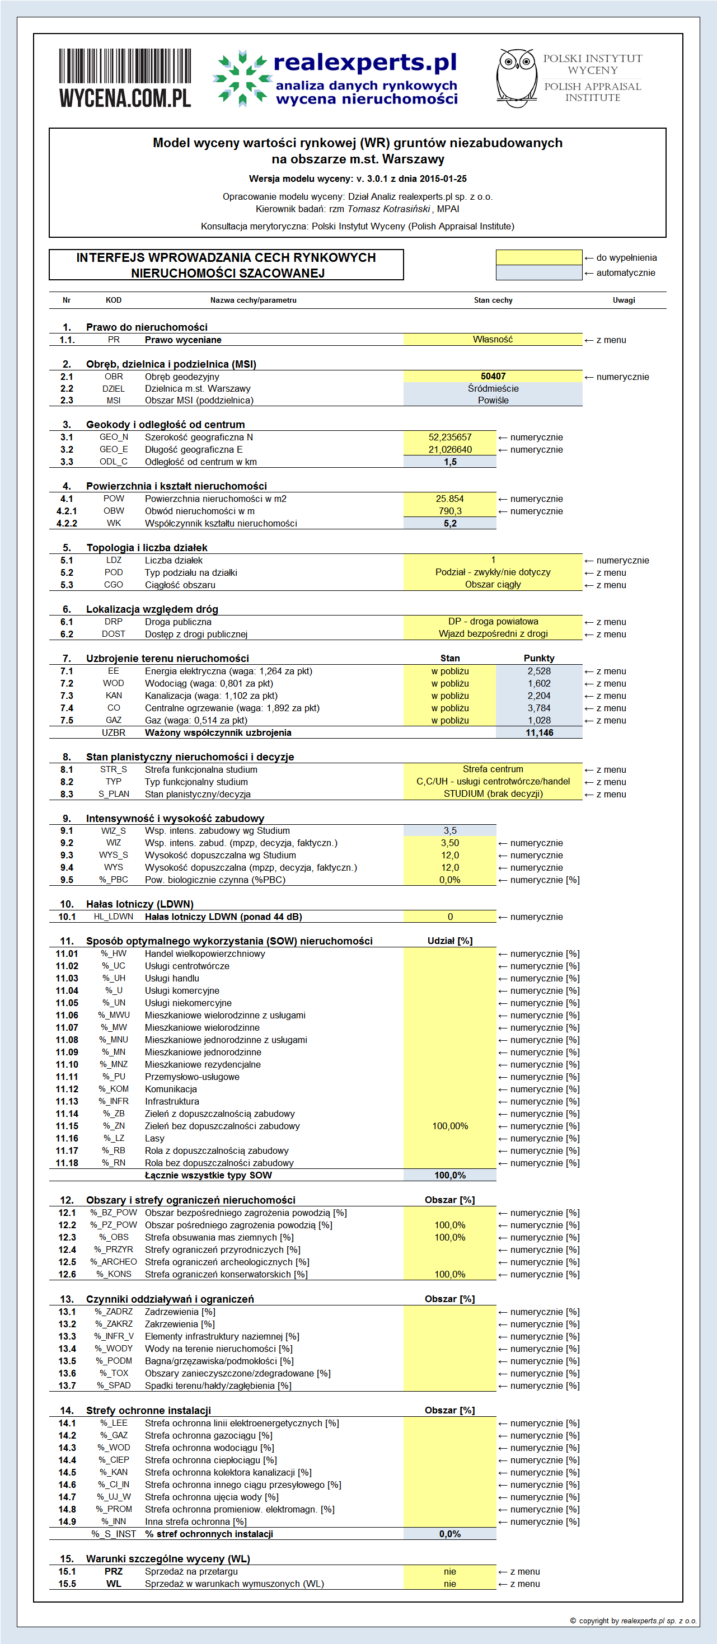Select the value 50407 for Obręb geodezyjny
[x=493, y=377]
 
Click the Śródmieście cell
[x=493, y=389]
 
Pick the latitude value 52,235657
[x=449, y=437]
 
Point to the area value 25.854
[x=449, y=499]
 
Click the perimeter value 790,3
[x=449, y=511]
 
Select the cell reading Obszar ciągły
[x=493, y=585]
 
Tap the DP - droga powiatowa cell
[x=493, y=622]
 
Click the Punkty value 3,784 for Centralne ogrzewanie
[x=539, y=708]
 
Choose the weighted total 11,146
[x=539, y=732]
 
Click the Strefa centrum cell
[x=493, y=769]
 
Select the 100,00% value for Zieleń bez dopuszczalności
[x=449, y=1126]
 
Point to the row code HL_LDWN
[x=114, y=917]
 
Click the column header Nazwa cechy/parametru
[x=254, y=300]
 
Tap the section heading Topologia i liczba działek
[x=147, y=548]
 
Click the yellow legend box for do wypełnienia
[x=539, y=257]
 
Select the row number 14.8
[x=67, y=1509]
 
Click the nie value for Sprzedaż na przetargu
[x=449, y=1571]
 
